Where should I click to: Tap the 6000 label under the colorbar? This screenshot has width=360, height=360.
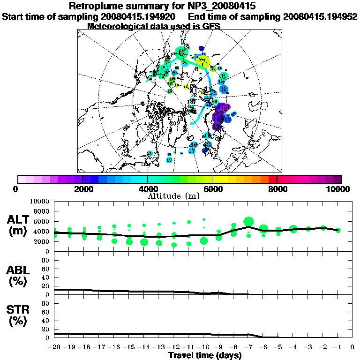[x=212, y=189]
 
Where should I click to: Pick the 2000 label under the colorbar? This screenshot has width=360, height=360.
[x=82, y=189]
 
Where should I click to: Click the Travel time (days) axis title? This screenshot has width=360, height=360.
[x=205, y=355]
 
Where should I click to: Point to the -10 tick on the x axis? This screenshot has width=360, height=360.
[x=203, y=347]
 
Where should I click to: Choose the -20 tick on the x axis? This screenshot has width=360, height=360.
[x=54, y=347]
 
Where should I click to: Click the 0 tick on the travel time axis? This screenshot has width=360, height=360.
[x=352, y=347]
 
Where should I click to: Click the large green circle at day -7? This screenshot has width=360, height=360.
[x=248, y=222]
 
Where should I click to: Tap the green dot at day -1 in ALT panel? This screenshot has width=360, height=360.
[x=338, y=230]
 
